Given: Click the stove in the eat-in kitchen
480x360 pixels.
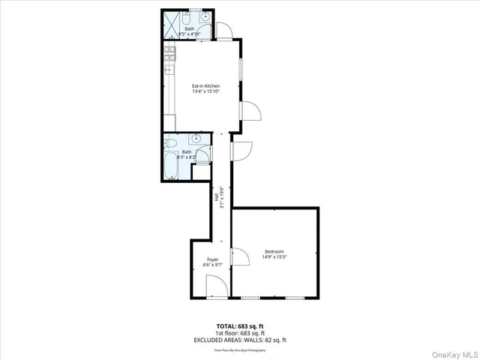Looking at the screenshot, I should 169,53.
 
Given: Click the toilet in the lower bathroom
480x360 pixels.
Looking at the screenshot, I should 171,142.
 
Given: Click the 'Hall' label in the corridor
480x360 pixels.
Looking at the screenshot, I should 216,196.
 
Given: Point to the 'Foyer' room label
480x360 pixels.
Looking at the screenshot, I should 212,259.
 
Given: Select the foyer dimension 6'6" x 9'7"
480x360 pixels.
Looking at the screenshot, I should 212,265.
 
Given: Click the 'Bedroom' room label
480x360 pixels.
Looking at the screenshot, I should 274,251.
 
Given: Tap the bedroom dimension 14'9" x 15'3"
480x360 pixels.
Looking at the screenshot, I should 274,258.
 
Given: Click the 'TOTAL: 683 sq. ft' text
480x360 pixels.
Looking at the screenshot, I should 240,325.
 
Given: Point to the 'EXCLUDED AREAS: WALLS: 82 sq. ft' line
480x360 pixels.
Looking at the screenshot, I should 240,340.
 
